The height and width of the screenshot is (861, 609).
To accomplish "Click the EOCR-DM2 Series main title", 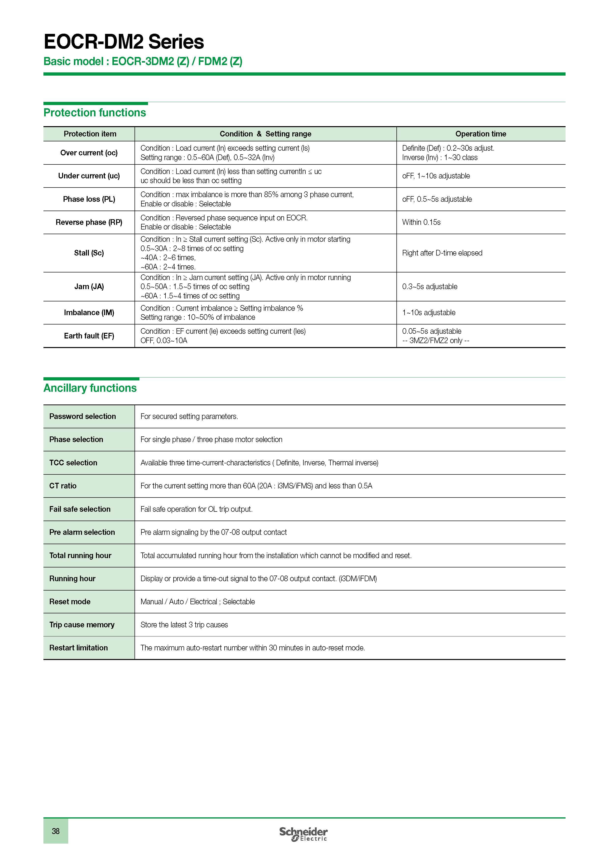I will click(x=124, y=42).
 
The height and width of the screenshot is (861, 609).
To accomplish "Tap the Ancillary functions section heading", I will click(x=90, y=388).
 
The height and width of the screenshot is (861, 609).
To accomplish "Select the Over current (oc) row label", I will click(x=89, y=153).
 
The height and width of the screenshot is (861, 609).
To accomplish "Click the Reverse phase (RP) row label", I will click(x=89, y=222).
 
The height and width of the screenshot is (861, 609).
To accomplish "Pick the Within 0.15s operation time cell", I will click(x=421, y=222).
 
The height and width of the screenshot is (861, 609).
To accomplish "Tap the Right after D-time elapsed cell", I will click(x=442, y=253).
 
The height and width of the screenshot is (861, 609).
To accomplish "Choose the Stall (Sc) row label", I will click(x=89, y=253).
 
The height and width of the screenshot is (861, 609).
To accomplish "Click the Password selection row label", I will click(x=82, y=416).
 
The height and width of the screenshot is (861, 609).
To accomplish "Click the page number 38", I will click(x=55, y=831).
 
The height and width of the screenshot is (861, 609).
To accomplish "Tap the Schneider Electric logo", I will click(x=303, y=834).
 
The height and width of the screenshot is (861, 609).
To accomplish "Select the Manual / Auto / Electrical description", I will click(x=198, y=602).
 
